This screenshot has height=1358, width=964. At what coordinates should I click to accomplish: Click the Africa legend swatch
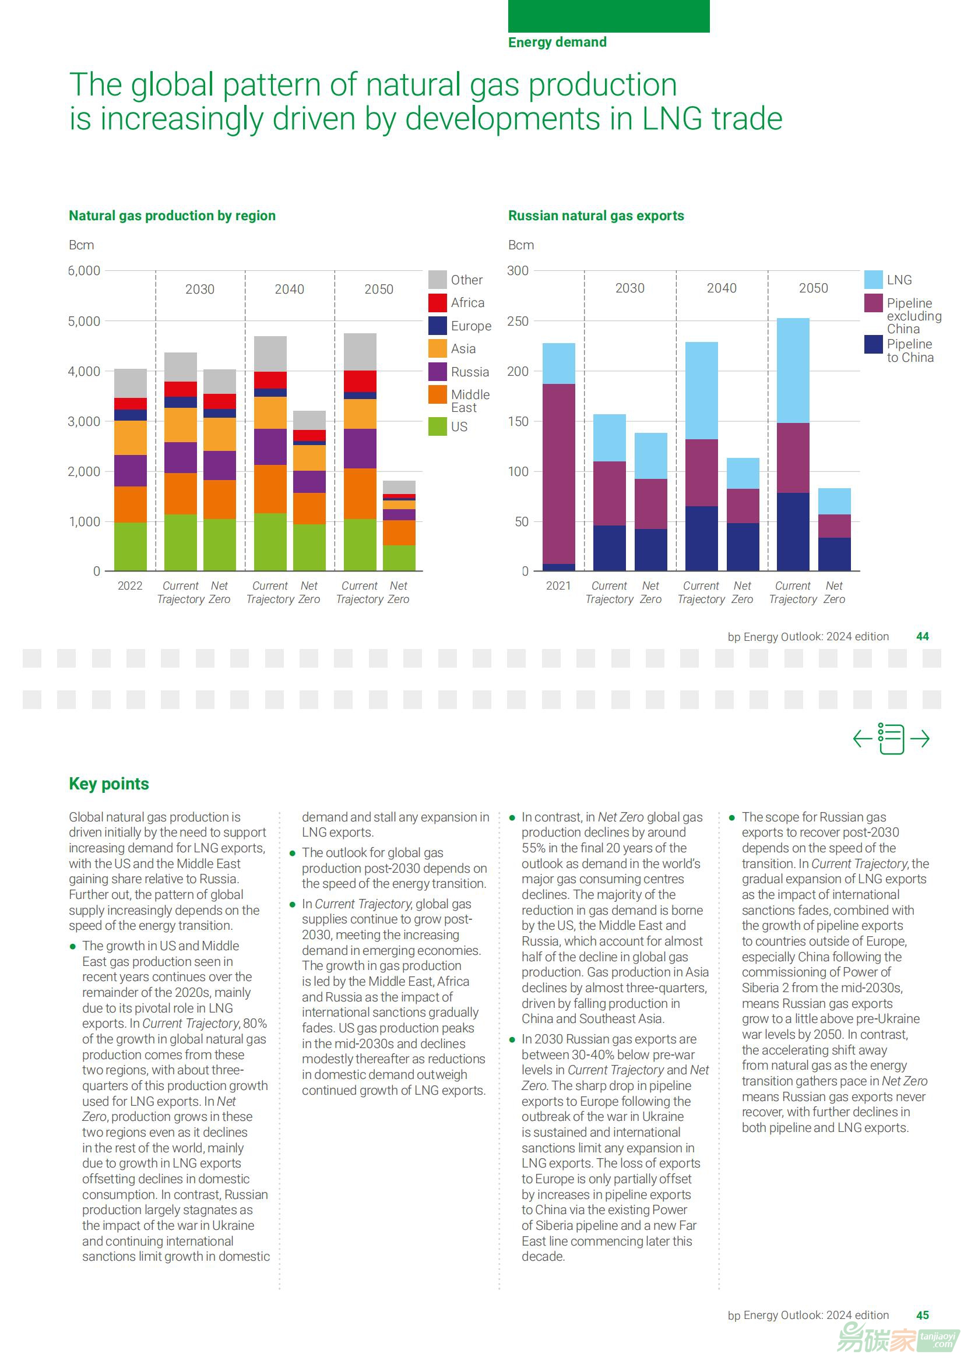(438, 302)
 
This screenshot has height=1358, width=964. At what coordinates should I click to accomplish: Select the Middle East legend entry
(470, 401)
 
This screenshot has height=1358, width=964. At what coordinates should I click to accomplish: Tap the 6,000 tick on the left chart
(84, 271)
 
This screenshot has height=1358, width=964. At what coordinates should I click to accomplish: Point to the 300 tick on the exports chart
(518, 271)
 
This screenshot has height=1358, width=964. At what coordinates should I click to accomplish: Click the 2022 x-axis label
(130, 586)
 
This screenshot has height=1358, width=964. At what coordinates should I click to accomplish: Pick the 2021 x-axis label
(558, 586)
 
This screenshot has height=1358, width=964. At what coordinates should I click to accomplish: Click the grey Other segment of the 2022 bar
(130, 383)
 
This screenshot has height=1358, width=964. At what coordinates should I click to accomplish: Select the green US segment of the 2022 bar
(130, 546)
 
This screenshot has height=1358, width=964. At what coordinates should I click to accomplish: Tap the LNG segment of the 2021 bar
(558, 364)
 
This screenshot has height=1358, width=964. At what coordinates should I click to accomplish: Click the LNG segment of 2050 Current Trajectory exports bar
(793, 371)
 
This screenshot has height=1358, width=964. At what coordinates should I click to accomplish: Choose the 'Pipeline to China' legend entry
(909, 351)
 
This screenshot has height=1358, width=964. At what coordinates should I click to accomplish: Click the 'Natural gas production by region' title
(172, 216)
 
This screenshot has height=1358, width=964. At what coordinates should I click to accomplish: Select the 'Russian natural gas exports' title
(596, 216)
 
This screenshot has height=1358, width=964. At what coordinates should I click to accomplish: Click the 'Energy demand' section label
(557, 42)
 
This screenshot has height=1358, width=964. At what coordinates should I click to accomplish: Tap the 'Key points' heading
(109, 784)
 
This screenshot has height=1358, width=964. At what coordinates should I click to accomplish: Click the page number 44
(923, 637)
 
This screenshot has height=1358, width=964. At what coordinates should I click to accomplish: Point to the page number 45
(923, 1315)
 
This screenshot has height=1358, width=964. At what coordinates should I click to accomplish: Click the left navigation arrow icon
(862, 739)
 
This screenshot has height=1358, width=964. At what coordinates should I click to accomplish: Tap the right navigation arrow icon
(920, 739)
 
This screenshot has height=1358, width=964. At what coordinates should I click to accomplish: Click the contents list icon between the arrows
(891, 739)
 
